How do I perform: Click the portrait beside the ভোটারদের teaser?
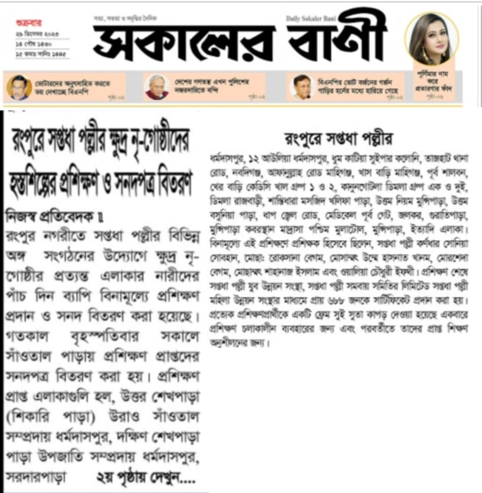click(19, 87)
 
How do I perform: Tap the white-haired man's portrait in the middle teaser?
click(156, 87)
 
